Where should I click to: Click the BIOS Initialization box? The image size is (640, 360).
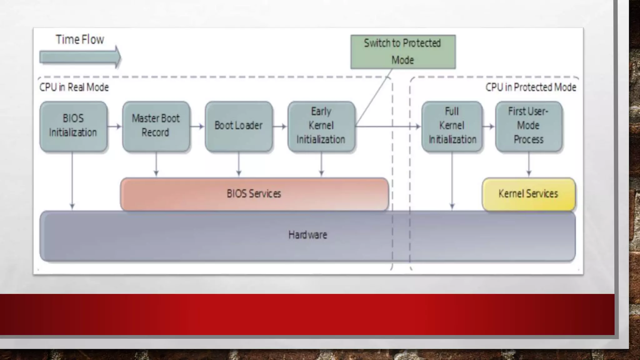73,126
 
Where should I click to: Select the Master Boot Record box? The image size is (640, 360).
156,126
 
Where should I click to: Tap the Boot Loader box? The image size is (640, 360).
239,126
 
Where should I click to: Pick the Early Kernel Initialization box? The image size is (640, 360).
321,126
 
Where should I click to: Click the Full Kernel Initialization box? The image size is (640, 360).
452,126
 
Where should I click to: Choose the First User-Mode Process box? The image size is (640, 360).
529,126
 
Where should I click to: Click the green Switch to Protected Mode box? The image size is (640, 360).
403,52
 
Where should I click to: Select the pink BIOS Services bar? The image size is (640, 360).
255,194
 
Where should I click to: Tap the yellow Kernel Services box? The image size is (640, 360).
529,194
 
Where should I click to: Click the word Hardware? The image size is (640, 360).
308,235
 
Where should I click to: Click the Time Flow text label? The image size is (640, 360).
80,40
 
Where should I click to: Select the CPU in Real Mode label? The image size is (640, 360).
74,87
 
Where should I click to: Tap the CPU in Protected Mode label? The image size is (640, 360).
531,87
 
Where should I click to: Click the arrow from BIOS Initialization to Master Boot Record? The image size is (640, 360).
115,127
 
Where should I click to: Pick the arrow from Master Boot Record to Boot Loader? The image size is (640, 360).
197,127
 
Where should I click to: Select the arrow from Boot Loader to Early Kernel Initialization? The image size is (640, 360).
280,127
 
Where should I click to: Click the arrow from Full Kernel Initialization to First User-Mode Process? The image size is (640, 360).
489,127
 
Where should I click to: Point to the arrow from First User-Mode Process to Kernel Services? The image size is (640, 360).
529,164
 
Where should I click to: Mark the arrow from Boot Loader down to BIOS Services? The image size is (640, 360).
239,164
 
